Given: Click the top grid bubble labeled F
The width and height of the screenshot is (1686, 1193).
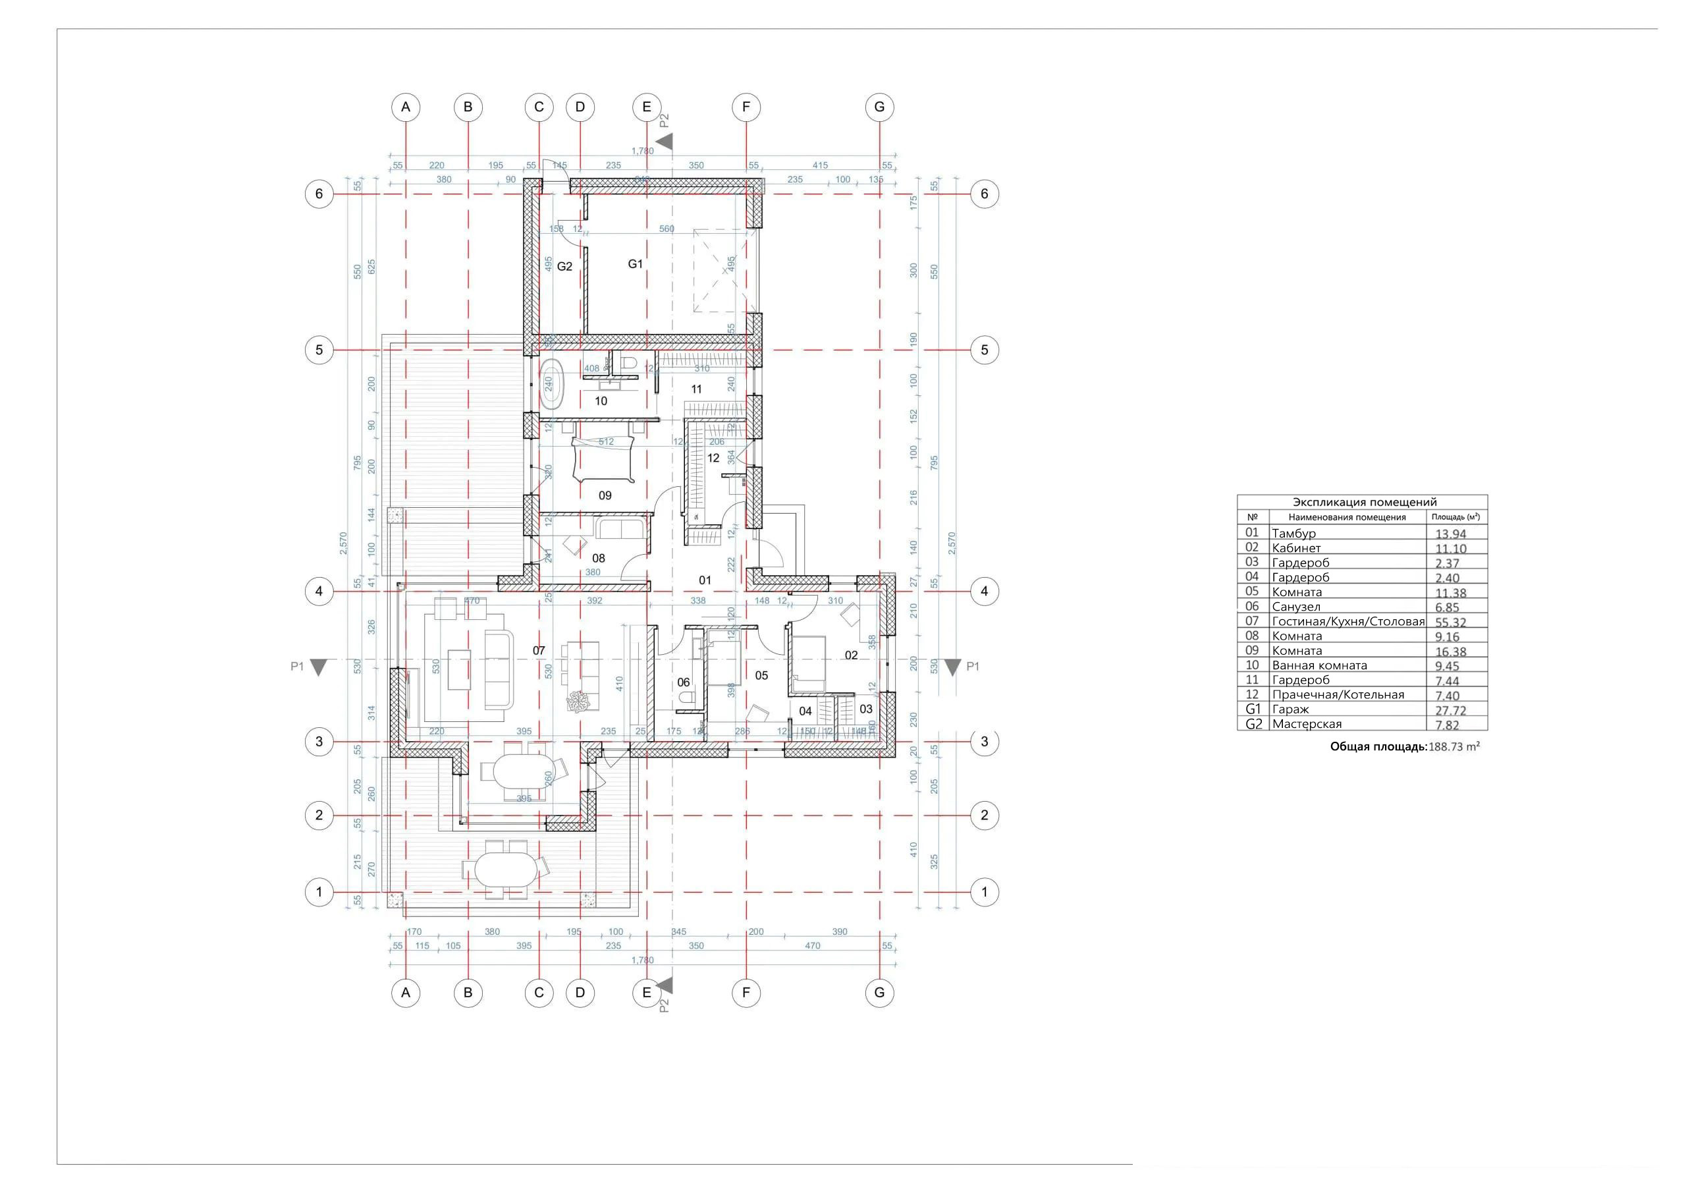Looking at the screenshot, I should (x=746, y=107).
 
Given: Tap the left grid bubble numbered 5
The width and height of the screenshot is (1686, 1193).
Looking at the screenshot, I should (x=319, y=350).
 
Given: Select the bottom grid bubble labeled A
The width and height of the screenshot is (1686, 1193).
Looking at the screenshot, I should (x=405, y=993).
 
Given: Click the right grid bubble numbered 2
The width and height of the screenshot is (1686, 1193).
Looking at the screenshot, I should (x=984, y=815).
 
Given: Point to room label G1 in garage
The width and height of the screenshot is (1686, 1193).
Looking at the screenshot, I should (x=635, y=264).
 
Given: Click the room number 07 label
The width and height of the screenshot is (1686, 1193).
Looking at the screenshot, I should (x=539, y=651).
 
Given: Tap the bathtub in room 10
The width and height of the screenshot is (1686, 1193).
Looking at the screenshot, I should (x=549, y=384).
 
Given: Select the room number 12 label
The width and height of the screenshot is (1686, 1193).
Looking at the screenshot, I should (x=713, y=458).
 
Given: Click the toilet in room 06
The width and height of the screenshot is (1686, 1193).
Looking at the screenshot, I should (x=684, y=697).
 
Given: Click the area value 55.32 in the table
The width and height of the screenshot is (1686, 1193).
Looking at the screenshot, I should (x=1450, y=623).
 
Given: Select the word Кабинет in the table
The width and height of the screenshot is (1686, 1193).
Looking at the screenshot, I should (x=1296, y=548).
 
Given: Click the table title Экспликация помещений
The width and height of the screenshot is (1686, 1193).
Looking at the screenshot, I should (x=1365, y=503).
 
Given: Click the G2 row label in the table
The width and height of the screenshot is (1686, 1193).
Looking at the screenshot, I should (x=1253, y=725).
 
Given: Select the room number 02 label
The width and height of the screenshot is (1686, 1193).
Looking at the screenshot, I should (x=851, y=655).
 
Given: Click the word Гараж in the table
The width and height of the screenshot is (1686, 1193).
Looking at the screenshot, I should (x=1290, y=709).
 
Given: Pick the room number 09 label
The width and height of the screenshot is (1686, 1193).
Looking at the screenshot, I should (x=605, y=495).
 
